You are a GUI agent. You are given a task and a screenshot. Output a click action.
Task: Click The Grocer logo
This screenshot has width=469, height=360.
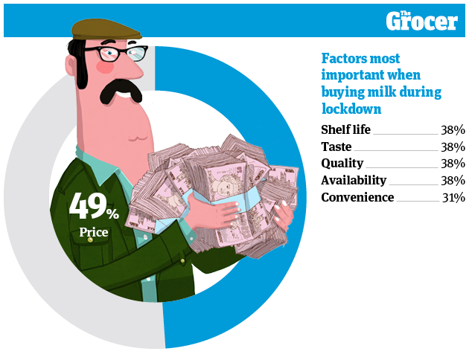pyautogui.click(x=421, y=20)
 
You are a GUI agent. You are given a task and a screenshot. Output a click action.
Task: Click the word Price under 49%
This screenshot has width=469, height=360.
pyautogui.click(x=94, y=233)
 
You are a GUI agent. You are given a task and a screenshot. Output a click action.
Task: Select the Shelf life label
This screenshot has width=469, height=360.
pyautogui.click(x=345, y=129)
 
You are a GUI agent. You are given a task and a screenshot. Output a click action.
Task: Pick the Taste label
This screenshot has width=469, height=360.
pyautogui.click(x=336, y=147)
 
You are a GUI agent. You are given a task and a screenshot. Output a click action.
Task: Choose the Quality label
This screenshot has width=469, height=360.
pyautogui.click(x=342, y=163)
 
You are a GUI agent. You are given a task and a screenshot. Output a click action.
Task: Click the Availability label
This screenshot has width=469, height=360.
pyautogui.click(x=354, y=180)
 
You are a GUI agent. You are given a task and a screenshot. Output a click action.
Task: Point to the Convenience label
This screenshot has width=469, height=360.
pyautogui.click(x=357, y=197)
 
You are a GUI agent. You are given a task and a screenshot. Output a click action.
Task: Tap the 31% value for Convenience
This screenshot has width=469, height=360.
pyautogui.click(x=453, y=197)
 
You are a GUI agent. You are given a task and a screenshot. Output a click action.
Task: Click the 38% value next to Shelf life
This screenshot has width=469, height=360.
pyautogui.click(x=453, y=129)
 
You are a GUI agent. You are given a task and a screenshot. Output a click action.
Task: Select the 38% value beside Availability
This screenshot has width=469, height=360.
pyautogui.click(x=453, y=180)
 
